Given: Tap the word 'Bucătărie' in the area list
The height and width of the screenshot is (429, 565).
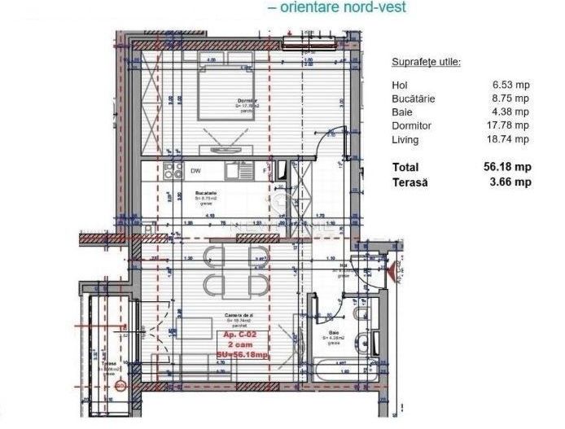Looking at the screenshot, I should coord(414,98).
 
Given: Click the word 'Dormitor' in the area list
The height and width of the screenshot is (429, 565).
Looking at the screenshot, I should coord(411,125).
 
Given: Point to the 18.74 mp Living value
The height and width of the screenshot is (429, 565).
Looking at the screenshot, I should coord(510,139).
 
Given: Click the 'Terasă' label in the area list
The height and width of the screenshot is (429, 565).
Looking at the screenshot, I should coord(410,182).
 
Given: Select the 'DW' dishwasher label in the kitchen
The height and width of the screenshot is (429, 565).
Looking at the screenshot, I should coord(195,171).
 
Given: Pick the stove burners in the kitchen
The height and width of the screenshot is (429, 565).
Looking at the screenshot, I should coord(173,171).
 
